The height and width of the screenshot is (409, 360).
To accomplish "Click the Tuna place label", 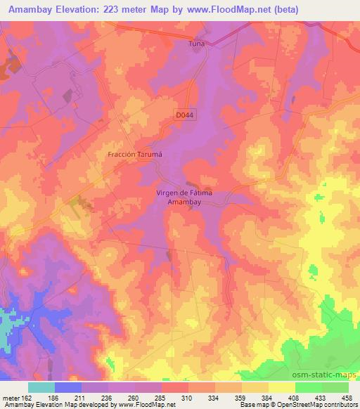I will point(195,44).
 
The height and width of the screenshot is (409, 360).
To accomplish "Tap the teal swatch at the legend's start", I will point(41,387).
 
